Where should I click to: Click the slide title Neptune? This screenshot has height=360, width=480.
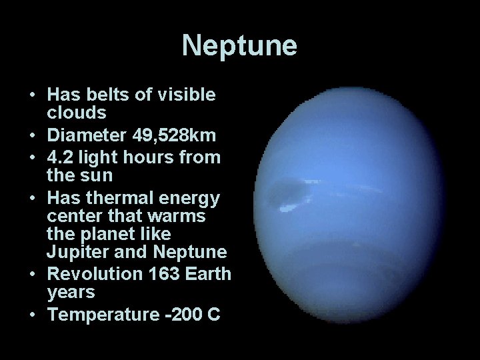point(239,46)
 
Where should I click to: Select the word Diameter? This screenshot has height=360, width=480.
point(82,137)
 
